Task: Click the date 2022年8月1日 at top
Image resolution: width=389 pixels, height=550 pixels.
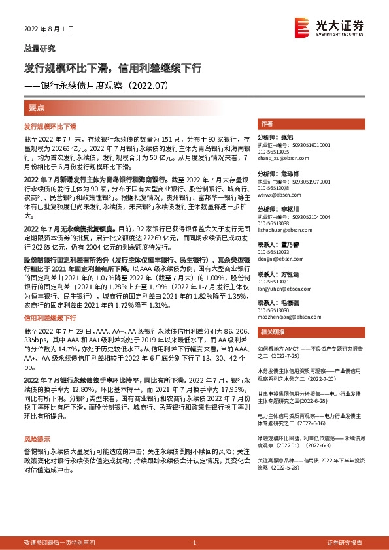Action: pos(50,29)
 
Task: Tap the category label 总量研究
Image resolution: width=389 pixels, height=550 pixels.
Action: pos(39,48)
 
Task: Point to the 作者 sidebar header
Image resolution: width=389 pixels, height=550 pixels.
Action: pos(266,123)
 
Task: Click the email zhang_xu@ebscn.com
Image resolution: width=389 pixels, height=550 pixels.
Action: pos(282,157)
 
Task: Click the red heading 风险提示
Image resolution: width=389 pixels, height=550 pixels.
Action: pos(37,458)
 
